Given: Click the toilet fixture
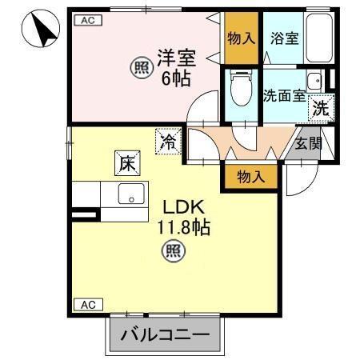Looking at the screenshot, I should pyautogui.click(x=239, y=90).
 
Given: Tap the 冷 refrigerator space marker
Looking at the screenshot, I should pyautogui.click(x=169, y=142).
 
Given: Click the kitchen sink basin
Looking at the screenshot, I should pyautogui.click(x=130, y=194).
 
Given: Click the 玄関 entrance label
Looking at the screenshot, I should pyautogui.click(x=306, y=144).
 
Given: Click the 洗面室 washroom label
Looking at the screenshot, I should pyautogui.click(x=284, y=94).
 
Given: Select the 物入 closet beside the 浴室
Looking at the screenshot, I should pyautogui.click(x=241, y=38).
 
